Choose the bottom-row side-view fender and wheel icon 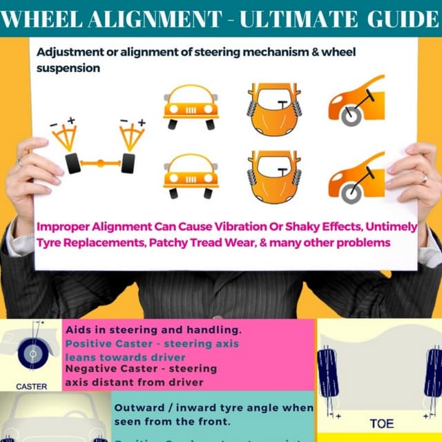point(355,178)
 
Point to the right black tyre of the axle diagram point(128,164)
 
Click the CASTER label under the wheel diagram point(31,386)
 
